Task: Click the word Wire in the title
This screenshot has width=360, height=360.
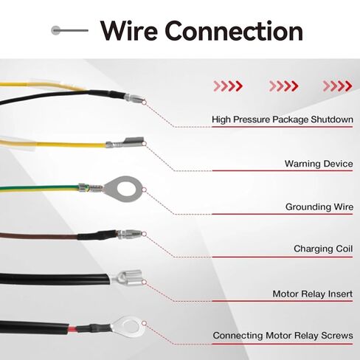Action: pos(129,31)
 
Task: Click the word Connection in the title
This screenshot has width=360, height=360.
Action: pos(234,31)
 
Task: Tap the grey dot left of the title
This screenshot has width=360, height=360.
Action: pos(55,30)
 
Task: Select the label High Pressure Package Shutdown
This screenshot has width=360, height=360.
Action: pos(283,120)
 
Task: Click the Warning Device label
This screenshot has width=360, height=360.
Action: pos(319,164)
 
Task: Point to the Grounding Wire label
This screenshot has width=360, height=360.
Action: pos(319,207)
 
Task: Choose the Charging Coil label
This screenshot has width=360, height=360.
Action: pos(323,249)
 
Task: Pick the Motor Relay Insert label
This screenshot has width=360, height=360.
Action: pos(313,294)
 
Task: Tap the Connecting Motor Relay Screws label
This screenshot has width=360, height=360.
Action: pos(283,336)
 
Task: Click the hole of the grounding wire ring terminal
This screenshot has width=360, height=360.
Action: pos(126,190)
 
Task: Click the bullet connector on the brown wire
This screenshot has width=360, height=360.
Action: pos(129,234)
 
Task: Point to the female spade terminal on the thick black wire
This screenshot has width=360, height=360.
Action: pos(126,277)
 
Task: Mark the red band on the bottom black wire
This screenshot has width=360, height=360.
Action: pos(72,329)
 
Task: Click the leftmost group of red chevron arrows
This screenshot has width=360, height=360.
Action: pos(228,86)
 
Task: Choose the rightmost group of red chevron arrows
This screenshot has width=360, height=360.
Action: pos(337,86)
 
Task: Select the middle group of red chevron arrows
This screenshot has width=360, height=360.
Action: pos(283,86)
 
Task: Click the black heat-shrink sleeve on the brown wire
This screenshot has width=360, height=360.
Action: pos(97,235)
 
